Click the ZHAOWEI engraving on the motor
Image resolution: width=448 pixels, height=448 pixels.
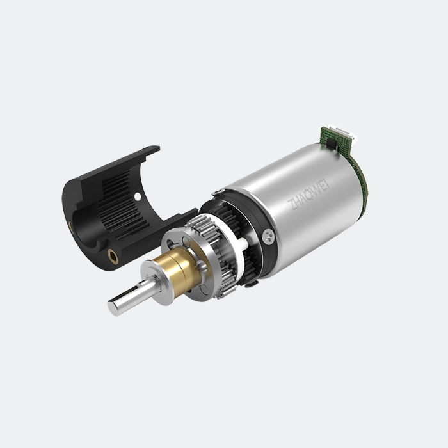(308, 195)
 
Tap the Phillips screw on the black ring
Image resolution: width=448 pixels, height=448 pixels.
(268, 237)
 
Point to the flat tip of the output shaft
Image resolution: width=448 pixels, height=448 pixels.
(112, 307)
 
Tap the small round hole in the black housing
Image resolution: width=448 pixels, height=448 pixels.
(138, 196)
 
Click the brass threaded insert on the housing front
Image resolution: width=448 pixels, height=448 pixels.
(112, 255)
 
